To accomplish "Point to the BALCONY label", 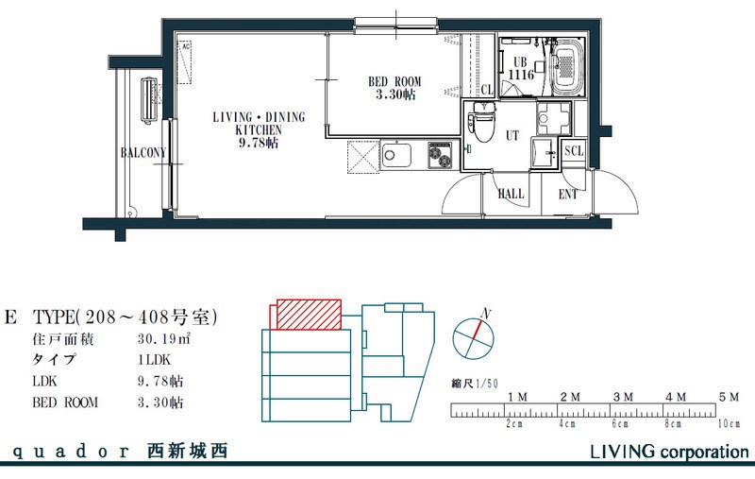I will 143,153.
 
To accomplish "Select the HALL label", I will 511,194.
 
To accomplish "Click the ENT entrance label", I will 568,195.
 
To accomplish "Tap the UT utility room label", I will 512,136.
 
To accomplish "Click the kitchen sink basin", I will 394,155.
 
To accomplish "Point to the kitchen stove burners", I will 441,154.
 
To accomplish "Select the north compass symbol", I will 474,334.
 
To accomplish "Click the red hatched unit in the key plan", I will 308,315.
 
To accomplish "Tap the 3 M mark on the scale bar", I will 622,397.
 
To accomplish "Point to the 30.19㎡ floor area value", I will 163,338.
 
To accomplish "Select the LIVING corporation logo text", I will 669,452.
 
